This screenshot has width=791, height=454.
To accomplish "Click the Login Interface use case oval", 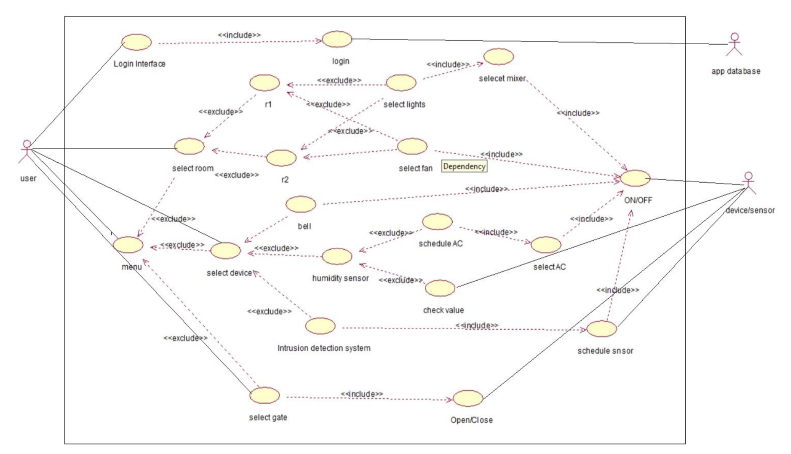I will point(137,42).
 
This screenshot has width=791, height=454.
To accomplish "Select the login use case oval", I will point(337,39).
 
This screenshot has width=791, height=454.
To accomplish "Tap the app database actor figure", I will point(734,45).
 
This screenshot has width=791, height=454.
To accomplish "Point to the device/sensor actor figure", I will point(749,184).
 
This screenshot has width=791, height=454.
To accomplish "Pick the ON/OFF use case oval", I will point(635,178).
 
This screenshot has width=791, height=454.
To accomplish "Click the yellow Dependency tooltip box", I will point(464,166).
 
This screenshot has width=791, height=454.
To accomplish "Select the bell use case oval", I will point(301,204).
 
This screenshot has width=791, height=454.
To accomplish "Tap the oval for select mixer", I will point(499,56).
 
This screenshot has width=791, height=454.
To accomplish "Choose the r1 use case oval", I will point(265,83).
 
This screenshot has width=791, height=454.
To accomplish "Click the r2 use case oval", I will point(282,158).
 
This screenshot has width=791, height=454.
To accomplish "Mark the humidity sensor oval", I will point(337,256).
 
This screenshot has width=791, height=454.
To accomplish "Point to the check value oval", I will point(440,288).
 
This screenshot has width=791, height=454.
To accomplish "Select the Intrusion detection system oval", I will point(320,326).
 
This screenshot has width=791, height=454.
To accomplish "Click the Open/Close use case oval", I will point(468,398).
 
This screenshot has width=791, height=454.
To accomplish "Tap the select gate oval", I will point(265,395).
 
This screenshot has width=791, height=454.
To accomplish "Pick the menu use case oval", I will point(128,245).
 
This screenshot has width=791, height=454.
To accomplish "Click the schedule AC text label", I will point(441,243).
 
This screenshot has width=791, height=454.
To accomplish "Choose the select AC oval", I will point(546,245).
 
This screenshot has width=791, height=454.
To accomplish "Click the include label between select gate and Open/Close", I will point(362,394).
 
